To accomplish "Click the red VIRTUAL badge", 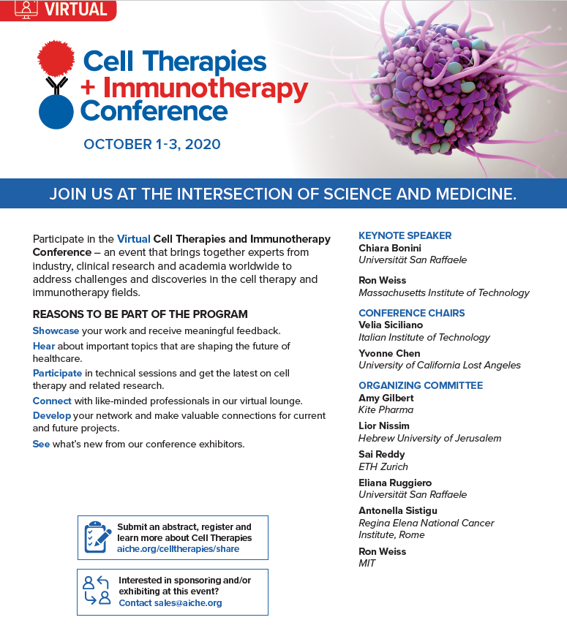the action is point(58,10).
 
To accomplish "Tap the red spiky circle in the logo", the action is point(56,58).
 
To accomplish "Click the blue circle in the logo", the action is point(56,112).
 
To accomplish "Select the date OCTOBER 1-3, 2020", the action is point(151,144).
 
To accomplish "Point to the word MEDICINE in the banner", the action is point(476,194).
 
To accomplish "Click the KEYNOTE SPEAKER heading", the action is point(405,235).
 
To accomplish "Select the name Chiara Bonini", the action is point(390,248).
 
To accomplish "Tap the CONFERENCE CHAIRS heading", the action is point(412,313).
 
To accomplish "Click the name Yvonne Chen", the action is point(389,353).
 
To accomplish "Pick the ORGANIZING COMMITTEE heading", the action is point(421,385).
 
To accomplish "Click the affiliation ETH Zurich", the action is point(383,466).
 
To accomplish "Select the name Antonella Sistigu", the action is point(398,510).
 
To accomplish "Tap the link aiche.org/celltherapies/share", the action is point(179,549).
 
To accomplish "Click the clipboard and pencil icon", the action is point(98,537).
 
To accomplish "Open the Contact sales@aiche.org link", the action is point(170,602).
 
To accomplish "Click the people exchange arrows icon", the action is point(97,590).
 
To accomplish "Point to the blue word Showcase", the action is point(56,330).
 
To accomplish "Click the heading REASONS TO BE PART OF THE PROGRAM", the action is point(140,314).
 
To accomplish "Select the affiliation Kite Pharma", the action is point(386,409).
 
